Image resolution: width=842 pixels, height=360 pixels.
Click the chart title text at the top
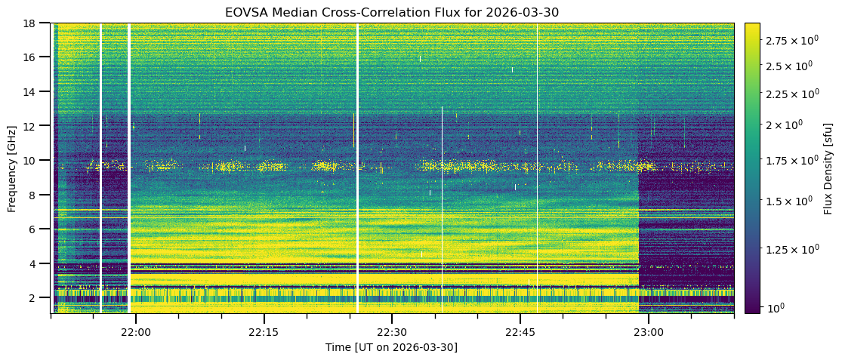click(x=391, y=12)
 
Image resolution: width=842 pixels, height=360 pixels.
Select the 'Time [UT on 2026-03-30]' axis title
click(x=391, y=347)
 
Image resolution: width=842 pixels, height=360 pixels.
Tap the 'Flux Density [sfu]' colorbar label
click(x=828, y=168)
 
